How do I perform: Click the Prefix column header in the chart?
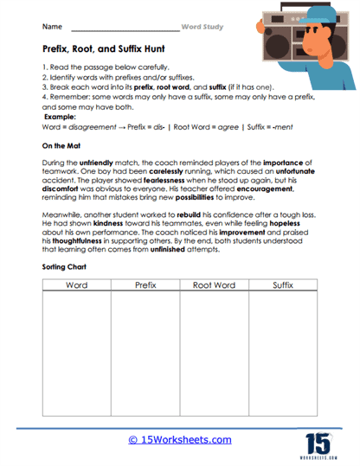tap(145, 284)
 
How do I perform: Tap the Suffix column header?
tap(283, 284)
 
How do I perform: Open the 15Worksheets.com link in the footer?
tap(180, 440)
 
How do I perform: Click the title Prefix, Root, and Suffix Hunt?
tap(102, 51)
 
